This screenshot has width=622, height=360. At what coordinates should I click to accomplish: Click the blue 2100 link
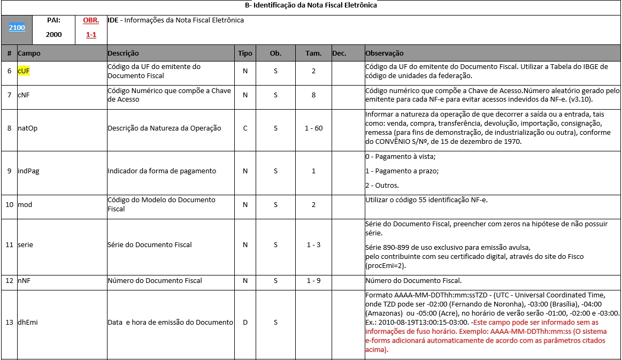pos(17,27)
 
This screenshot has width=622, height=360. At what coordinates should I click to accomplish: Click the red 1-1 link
pos(91,35)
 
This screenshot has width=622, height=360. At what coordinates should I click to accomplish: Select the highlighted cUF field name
pos(24,71)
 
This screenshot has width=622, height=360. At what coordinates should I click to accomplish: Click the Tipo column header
pos(245,53)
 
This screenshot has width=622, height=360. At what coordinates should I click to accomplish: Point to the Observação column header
pos(384,53)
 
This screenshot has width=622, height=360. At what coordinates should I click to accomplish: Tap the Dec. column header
pos(339,53)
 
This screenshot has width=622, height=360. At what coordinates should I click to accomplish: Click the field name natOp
pos(27,128)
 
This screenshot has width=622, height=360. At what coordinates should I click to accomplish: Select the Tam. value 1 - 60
pos(314,128)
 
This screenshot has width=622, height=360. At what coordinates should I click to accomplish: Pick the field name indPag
pos(28,171)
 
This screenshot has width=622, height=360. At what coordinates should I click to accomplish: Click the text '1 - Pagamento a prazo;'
pos(402,171)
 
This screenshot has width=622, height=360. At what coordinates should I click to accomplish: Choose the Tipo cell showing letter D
pos(245,323)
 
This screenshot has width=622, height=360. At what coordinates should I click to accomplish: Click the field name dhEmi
pos(28,323)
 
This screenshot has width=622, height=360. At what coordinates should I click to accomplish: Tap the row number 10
pos(9,204)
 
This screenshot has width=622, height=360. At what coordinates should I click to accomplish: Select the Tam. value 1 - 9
pos(314,281)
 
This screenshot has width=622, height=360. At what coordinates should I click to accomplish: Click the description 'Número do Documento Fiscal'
pos(155,281)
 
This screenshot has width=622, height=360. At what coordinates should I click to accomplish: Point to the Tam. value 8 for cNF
pos(314,95)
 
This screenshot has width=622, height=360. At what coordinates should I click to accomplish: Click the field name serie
pos(26,245)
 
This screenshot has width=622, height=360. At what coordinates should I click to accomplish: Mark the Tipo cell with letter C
pos(245,128)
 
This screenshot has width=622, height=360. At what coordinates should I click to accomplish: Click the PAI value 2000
pos(53,35)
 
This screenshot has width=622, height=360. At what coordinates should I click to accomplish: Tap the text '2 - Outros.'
pos(382,186)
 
